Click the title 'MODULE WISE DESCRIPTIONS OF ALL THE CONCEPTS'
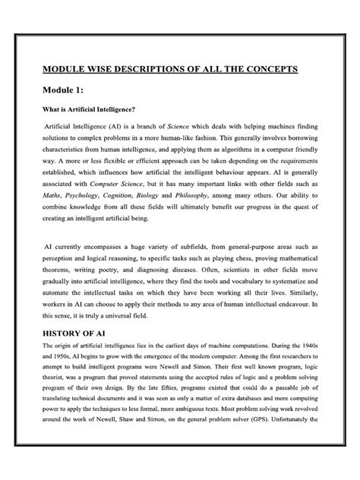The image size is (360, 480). click(180, 71)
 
